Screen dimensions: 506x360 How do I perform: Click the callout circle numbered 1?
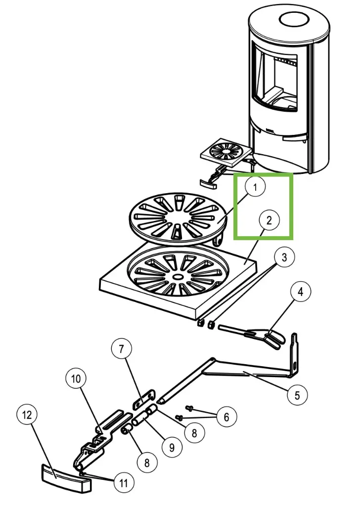255,188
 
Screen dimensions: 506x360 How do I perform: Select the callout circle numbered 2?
269,221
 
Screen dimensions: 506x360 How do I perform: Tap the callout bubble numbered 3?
284,257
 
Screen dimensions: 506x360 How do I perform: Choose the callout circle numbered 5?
297,395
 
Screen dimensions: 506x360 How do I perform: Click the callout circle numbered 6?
226,418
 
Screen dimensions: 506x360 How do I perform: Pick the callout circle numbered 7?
122,349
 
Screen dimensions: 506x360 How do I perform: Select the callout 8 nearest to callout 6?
194,433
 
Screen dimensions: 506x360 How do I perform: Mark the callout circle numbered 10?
76,379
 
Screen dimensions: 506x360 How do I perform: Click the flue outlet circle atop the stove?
294,20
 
